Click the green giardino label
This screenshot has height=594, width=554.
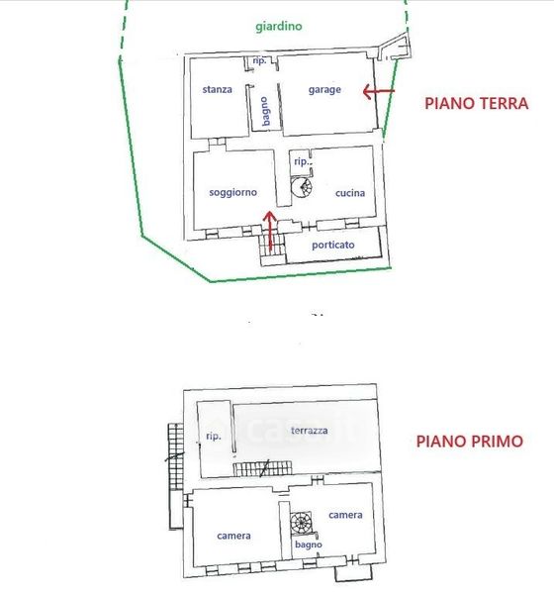(x=279, y=27)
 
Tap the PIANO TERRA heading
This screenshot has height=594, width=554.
(x=477, y=103)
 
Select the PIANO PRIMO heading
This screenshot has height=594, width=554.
(x=470, y=442)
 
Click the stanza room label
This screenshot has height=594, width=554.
(x=217, y=89)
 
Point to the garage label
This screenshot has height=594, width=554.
(x=324, y=90)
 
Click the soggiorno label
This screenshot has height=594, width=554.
(x=232, y=192)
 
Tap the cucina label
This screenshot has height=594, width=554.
(x=350, y=193)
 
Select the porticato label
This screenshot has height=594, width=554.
(x=332, y=245)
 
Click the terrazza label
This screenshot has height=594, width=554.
(x=309, y=431)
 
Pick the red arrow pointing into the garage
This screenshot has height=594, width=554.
(x=378, y=91)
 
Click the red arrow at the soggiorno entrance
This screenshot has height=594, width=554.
(x=270, y=230)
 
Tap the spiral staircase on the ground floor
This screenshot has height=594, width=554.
(x=302, y=187)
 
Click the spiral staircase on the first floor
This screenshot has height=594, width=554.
(x=301, y=523)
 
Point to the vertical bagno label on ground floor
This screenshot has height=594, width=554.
(x=265, y=111)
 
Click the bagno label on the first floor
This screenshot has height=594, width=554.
(x=309, y=544)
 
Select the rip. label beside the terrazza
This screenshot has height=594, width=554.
(x=214, y=436)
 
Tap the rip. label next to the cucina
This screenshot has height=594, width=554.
(x=303, y=161)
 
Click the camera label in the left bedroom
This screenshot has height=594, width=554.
(x=233, y=536)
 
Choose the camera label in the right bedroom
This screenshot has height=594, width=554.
(x=345, y=515)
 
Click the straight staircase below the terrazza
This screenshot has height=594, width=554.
(x=262, y=468)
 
